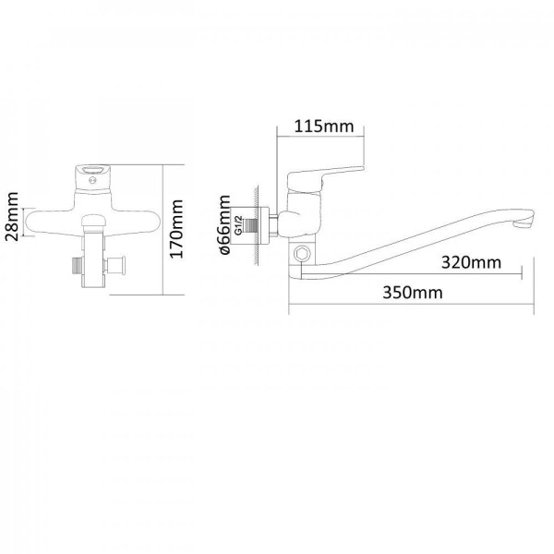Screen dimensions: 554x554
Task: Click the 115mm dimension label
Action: click(x=324, y=126)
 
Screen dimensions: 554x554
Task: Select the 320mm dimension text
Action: click(x=471, y=262)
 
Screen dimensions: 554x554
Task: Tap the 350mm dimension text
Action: click(x=413, y=293)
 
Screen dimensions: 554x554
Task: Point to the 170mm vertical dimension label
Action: click(x=176, y=229)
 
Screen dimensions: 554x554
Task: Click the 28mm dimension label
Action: click(x=12, y=216)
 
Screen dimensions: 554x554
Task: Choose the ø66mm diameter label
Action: click(x=225, y=224)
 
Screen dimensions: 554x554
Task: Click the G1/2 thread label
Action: click(x=238, y=225)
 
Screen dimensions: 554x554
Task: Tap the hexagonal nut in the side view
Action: click(x=303, y=253)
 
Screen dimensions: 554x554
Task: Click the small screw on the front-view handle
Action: click(x=93, y=181)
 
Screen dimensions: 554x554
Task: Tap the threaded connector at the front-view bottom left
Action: click(x=77, y=266)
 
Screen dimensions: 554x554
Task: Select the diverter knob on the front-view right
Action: click(x=115, y=266)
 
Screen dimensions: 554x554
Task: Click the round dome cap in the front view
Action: click(x=93, y=222)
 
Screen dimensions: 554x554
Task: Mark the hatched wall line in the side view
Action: click(x=256, y=225)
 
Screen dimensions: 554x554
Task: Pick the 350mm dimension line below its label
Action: click(x=411, y=303)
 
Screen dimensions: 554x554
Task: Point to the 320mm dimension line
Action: click(x=412, y=273)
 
